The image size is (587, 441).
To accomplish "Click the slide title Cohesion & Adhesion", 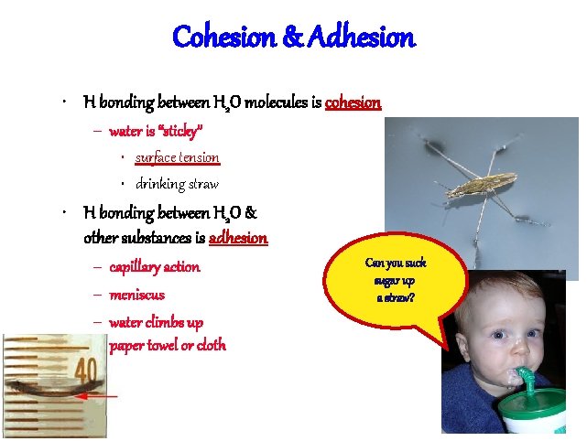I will point(293,38).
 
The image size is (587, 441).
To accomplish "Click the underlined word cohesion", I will point(353,102).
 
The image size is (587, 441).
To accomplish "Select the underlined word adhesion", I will point(238,238).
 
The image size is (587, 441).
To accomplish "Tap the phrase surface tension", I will point(177,157).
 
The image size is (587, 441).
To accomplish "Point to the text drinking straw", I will point(177,185).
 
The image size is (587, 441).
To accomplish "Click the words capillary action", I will point(154,267).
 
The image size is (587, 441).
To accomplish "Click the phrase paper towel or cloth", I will point(167,345).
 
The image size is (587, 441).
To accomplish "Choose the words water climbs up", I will point(156,322).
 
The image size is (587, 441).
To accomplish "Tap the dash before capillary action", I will point(96,268).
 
